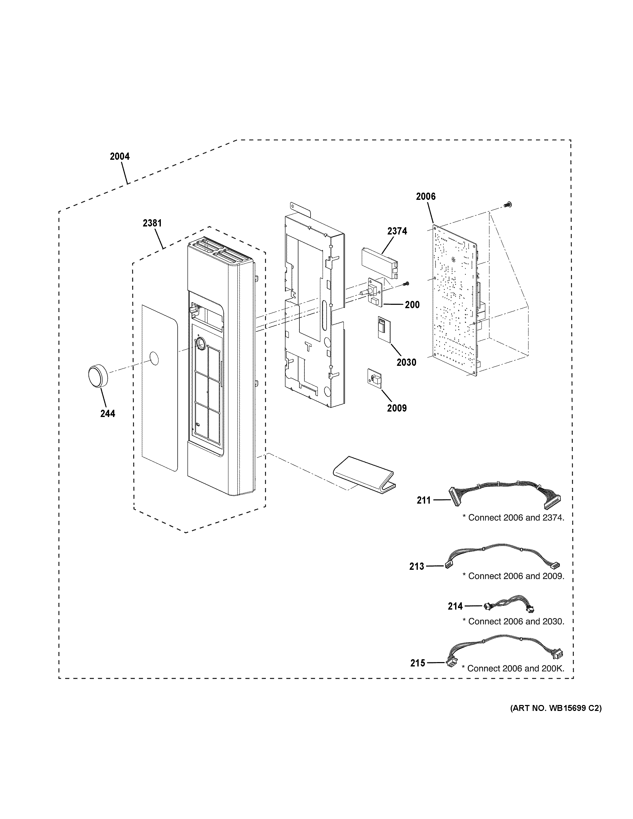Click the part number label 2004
pos(120,156)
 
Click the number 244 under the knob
pos(108,414)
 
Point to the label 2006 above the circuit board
pos(426,196)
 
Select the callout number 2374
pos(397,231)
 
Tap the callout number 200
pos(412,305)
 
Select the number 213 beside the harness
pos(417,566)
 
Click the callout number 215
pos(418,663)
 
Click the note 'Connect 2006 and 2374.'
pos(513,518)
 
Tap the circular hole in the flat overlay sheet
pos(154,359)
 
